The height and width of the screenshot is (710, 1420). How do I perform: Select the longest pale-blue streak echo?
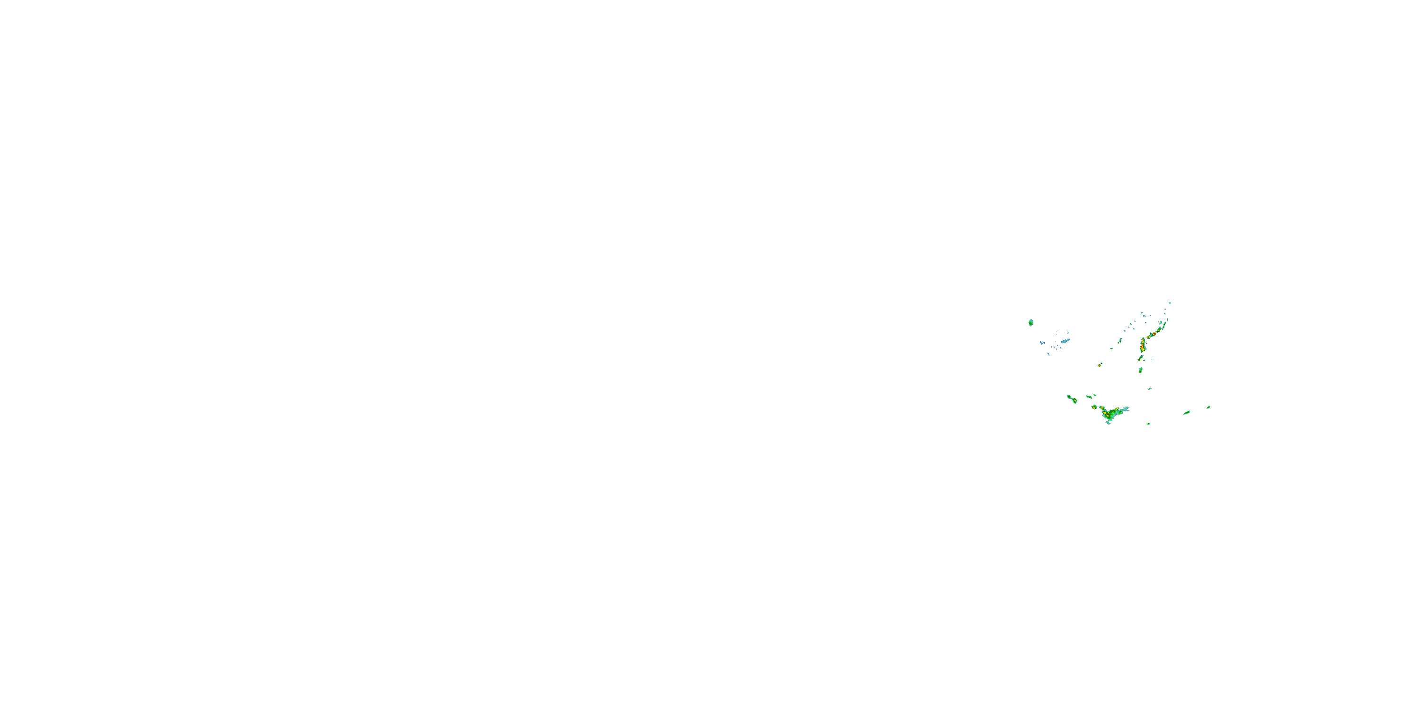click(x=1065, y=341)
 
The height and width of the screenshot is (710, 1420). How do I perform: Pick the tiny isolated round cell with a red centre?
click(x=1100, y=365)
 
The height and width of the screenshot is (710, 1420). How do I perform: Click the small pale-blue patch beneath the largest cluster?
click(x=1108, y=422)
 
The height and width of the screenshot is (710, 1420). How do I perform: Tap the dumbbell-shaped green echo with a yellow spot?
click(x=1072, y=399)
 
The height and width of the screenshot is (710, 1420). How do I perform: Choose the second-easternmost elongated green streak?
click(x=1187, y=412)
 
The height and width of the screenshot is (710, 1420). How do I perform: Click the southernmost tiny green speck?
click(x=1149, y=424)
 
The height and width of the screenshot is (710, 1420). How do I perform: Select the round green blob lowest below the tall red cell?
click(x=1141, y=370)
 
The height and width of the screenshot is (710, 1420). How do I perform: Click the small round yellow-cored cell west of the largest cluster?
click(x=1094, y=407)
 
